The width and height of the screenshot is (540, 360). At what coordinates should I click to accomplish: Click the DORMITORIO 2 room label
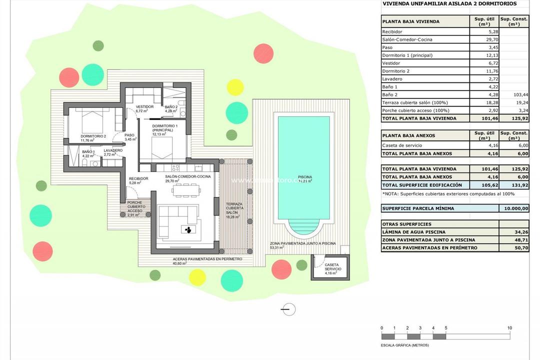(x=93, y=136)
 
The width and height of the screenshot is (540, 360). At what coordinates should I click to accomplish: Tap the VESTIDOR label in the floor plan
(x=145, y=106)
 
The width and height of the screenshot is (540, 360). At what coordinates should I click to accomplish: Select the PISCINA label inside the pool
(x=305, y=177)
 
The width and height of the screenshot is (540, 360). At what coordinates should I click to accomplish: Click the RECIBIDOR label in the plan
(x=138, y=178)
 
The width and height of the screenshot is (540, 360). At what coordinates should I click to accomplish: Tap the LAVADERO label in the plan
(x=112, y=150)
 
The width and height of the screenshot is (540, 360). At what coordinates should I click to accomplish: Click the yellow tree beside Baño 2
(x=234, y=87)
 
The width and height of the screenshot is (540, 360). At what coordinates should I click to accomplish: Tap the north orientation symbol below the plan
(x=288, y=309)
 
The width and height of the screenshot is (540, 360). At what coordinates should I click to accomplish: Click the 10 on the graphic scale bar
(x=509, y=328)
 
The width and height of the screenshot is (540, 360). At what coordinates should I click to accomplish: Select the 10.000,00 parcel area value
(x=514, y=208)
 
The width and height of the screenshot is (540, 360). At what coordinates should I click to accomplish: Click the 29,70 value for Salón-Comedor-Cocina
(x=483, y=39)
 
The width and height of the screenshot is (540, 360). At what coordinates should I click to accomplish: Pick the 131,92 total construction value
(x=514, y=185)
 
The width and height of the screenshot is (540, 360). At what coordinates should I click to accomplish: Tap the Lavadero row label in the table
(x=392, y=79)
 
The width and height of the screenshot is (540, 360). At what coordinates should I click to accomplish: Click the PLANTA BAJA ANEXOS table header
(x=408, y=135)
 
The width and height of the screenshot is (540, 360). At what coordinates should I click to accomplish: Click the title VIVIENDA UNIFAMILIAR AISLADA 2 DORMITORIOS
(x=448, y=3)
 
